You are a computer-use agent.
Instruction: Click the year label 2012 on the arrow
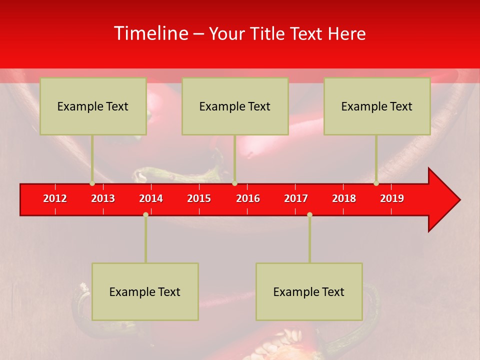[55, 198]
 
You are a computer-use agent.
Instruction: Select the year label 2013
[103, 198]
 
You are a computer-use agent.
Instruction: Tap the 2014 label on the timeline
[151, 198]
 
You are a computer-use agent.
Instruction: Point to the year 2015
[199, 198]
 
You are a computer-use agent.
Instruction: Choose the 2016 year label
[248, 198]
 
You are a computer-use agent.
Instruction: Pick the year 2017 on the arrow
[296, 198]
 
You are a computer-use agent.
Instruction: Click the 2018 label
[344, 198]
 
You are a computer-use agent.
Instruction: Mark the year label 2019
[392, 198]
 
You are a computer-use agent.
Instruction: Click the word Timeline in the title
[150, 33]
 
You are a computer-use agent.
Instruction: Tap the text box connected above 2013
[93, 106]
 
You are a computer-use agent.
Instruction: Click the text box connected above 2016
[235, 106]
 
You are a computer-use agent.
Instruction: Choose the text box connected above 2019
[377, 106]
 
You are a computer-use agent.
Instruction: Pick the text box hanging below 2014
[145, 291]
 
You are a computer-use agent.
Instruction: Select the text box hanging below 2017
[309, 291]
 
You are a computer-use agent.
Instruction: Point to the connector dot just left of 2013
[92, 183]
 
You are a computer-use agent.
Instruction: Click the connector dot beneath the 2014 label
[145, 214]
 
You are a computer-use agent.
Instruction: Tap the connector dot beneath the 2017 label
[309, 214]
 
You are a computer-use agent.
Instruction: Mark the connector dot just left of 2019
[376, 183]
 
